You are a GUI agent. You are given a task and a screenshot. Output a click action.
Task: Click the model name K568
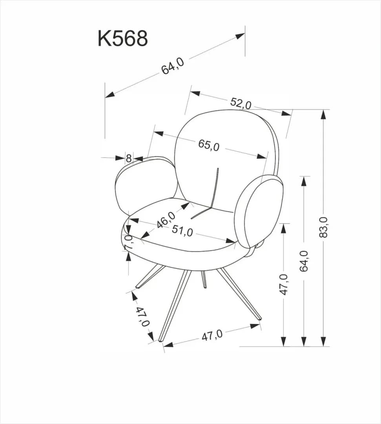click(x=123, y=39)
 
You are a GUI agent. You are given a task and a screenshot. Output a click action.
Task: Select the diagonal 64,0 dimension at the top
click(x=173, y=66)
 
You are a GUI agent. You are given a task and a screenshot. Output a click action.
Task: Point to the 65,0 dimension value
click(x=209, y=145)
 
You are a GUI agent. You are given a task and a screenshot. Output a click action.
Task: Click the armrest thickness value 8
click(x=129, y=159)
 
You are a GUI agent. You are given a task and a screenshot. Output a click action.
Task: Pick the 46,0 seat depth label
click(x=166, y=219)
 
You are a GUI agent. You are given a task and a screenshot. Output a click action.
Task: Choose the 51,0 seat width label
click(x=182, y=231)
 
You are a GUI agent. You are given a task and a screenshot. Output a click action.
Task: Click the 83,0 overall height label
click(x=324, y=227)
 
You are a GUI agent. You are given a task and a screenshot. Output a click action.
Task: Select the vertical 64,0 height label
click(x=304, y=261)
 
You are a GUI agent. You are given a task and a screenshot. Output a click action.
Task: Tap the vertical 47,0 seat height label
click(x=284, y=284)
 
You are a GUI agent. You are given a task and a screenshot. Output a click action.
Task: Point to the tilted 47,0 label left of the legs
click(x=143, y=317)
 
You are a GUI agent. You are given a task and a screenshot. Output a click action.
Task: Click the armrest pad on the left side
click(x=145, y=185)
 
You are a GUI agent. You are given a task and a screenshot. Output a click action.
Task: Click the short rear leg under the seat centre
click(x=204, y=279)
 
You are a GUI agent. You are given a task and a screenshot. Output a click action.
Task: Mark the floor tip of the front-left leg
click(x=160, y=340)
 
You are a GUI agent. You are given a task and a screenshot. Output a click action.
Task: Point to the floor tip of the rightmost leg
click(x=259, y=318)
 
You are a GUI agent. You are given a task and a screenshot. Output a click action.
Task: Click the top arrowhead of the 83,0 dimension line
click(x=323, y=114)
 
